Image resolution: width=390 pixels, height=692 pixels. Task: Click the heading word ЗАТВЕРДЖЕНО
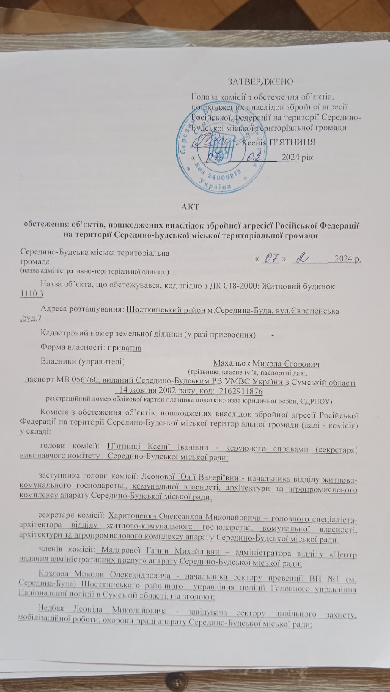[260, 82]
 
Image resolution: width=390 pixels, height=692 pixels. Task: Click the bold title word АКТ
[191, 206]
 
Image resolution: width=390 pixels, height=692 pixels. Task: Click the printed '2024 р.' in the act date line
[350, 259]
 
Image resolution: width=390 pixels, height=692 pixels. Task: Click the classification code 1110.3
[32, 294]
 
